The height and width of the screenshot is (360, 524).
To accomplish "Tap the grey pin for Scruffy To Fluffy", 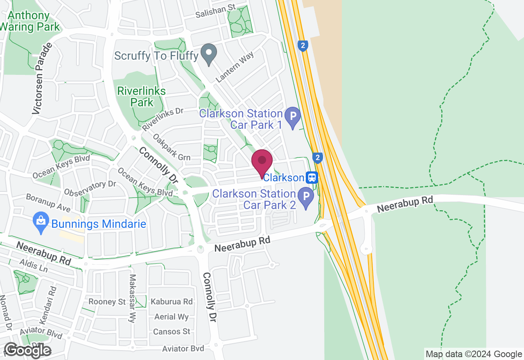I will (209, 54).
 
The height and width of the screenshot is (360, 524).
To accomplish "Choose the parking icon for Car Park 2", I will (306, 197).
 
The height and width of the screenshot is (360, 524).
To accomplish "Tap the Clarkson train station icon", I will (312, 178).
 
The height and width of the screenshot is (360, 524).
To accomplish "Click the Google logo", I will (27, 350).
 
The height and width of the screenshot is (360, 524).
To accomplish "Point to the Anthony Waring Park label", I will (29, 22).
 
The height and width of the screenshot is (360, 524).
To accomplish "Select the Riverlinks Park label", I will (141, 97).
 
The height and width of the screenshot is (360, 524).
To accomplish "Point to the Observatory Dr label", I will (90, 188).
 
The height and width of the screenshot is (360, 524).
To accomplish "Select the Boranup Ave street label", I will (48, 202).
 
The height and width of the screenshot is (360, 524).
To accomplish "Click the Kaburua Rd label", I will (172, 302).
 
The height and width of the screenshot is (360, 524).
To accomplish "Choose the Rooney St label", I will (107, 302).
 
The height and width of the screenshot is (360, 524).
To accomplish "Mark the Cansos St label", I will (172, 331).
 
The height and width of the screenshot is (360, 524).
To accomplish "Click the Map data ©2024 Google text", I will (474, 354).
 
